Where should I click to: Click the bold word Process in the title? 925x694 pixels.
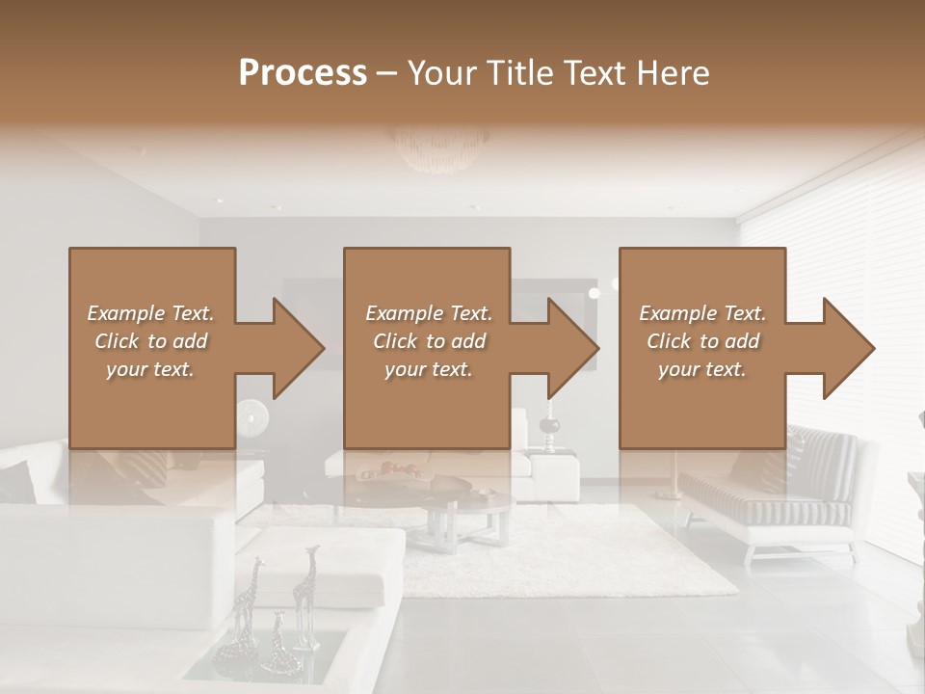tap(303, 73)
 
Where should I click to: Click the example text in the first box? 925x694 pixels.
tap(150, 341)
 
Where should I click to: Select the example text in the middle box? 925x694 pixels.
tap(428, 341)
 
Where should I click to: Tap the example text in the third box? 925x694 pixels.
tap(701, 341)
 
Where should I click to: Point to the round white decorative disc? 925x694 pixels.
tap(252, 415)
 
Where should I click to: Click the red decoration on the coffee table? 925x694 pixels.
tap(395, 469)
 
